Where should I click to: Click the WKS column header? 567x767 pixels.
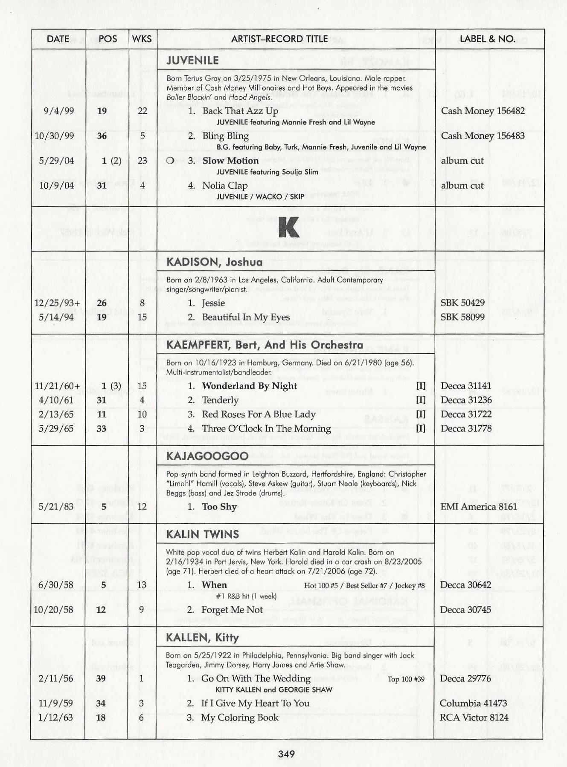[142, 39]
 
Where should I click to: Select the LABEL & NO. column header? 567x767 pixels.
[487, 39]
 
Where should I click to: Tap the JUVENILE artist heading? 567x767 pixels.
[192, 61]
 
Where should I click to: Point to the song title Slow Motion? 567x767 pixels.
[230, 161]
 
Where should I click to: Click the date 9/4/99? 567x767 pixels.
[58, 111]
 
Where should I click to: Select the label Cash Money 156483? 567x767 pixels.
[483, 136]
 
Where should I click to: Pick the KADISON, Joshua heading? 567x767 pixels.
[214, 262]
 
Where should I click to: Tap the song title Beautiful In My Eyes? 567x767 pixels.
[246, 317]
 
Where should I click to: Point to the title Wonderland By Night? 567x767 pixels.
[250, 386]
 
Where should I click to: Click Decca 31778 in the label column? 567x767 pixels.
[466, 429]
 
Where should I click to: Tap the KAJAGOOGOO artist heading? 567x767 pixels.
[207, 456]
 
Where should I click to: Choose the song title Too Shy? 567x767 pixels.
[219, 507]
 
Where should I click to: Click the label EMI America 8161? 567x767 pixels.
[479, 507]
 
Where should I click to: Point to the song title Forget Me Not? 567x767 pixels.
[233, 610]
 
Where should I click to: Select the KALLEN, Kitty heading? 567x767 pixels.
[202, 637]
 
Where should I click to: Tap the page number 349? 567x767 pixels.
[286, 754]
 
